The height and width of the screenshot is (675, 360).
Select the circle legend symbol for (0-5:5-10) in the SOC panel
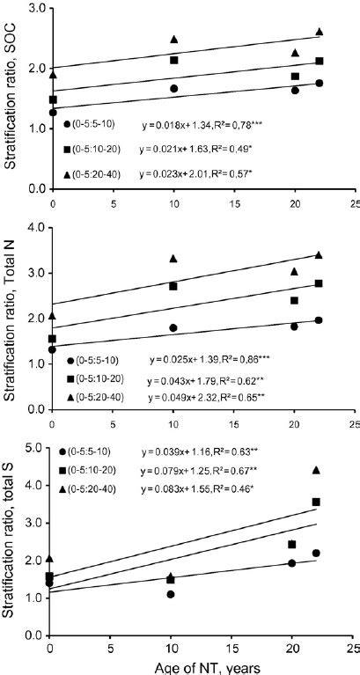pyautogui.click(x=68, y=125)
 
